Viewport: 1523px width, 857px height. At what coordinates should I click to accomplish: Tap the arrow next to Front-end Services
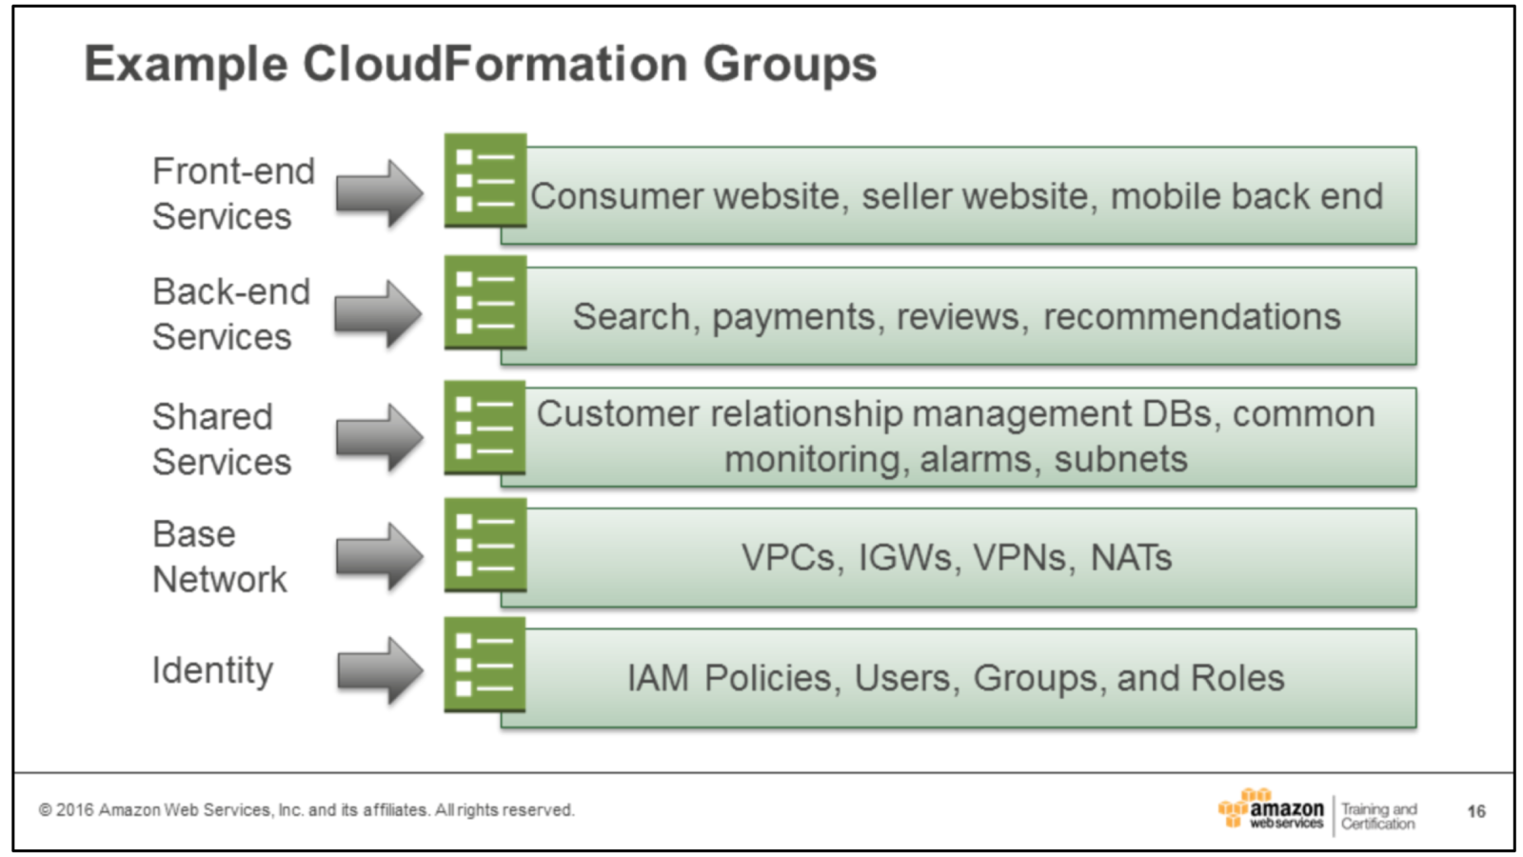click(x=380, y=193)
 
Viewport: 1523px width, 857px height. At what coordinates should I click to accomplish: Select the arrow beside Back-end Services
click(x=379, y=313)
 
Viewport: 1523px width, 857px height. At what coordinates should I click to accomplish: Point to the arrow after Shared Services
click(x=380, y=437)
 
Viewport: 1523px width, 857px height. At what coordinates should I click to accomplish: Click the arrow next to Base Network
click(x=380, y=556)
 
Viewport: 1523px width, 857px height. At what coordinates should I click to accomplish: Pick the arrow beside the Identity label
click(x=380, y=670)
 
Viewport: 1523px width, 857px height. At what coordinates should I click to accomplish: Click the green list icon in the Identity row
click(x=485, y=665)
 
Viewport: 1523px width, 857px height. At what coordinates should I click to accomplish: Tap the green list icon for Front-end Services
click(x=485, y=180)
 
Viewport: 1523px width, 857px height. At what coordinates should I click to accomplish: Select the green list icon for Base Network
click(x=485, y=545)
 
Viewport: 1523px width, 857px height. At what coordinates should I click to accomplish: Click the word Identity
click(x=212, y=670)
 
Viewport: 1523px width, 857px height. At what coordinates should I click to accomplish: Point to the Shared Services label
click(x=222, y=439)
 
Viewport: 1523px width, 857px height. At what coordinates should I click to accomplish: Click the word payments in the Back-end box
click(x=794, y=317)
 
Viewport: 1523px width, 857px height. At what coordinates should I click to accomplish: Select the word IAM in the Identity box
click(x=658, y=679)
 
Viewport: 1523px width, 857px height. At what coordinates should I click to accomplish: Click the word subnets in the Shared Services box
click(x=1120, y=460)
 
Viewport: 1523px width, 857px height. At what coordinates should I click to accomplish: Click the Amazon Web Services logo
click(x=1271, y=810)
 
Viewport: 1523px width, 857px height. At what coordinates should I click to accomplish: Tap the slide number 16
click(x=1475, y=811)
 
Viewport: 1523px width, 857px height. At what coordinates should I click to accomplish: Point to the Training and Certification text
click(x=1378, y=816)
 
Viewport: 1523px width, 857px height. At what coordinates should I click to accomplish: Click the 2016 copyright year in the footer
click(x=74, y=810)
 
